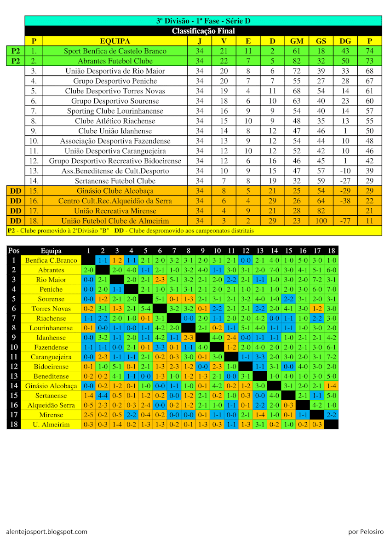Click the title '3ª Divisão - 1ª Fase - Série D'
pos(203,21)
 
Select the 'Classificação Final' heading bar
pos(203,31)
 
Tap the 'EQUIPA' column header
pos(115,41)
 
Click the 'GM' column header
pos(297,41)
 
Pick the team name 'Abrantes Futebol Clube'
pos(115,61)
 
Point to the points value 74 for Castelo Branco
pos(369,51)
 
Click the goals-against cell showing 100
pos(321,221)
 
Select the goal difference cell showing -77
pos(345,221)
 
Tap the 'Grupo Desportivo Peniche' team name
pos(115,81)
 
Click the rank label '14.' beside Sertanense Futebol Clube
pos(34,181)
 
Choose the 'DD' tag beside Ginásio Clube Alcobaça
pos(16,191)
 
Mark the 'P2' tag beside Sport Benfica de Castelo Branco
pos(16,51)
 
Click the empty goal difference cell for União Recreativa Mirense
pos(345,211)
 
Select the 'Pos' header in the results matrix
pos(14,251)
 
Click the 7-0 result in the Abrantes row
pos(274,270)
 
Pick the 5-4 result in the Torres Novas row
pos(145,309)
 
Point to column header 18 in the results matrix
pos(331,251)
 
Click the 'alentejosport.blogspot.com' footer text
pos(46,532)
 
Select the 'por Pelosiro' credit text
pos(366,532)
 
